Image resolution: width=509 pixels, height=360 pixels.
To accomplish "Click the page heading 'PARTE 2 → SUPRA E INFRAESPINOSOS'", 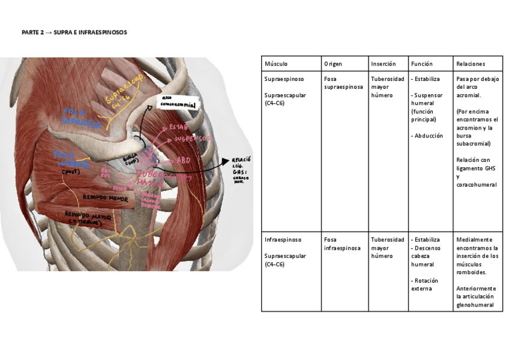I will pos(74,32).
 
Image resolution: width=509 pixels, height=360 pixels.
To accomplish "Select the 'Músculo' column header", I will pos(276,64).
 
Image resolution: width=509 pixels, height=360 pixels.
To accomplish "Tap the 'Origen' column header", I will pos(333,64).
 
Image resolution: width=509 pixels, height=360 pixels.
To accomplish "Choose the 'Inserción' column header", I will pos(384,64).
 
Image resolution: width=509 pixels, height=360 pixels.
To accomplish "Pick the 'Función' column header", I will pos(422,64).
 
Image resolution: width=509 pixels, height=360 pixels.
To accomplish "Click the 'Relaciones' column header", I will pos(471,64).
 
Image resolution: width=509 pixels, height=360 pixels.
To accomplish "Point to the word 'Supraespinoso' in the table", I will pos(284,79).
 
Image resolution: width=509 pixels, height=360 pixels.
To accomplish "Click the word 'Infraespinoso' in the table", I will pos(283,239).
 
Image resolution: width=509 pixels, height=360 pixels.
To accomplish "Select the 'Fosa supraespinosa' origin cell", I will pos(343,83).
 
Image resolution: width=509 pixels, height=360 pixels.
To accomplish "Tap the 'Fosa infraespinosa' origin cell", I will pos(342,244).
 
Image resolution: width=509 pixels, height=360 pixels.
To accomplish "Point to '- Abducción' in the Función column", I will pos(427,136).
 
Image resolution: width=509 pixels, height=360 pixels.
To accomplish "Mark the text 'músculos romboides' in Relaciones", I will pos(471,268).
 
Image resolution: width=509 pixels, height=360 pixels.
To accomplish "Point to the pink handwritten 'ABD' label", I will pos(183,161).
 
